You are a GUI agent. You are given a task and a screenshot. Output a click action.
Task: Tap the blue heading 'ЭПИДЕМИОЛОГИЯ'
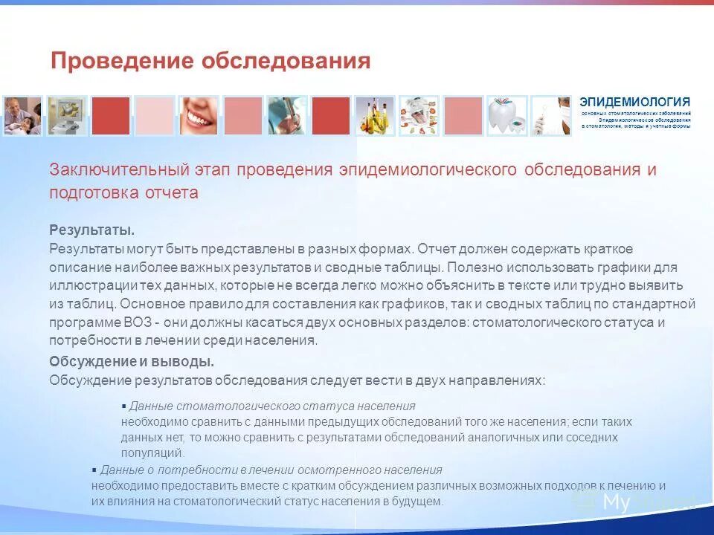click(634, 102)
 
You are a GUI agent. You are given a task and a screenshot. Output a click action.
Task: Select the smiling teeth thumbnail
click(199, 116)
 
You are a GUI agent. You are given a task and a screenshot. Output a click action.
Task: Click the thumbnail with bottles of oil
click(374, 116)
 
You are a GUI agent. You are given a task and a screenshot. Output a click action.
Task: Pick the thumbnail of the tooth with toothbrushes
click(506, 116)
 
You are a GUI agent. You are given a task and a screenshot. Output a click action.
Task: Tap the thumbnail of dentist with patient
click(22, 116)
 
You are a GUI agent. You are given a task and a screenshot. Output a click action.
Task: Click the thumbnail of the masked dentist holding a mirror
click(550, 116)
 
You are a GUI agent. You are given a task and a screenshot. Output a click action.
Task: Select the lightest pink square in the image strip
click(155, 116)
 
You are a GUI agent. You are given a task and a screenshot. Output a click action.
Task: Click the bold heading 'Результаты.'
click(91, 230)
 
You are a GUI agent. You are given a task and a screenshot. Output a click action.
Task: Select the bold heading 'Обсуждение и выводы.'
click(132, 362)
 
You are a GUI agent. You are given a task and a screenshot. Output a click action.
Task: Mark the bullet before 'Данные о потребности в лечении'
click(94, 470)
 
